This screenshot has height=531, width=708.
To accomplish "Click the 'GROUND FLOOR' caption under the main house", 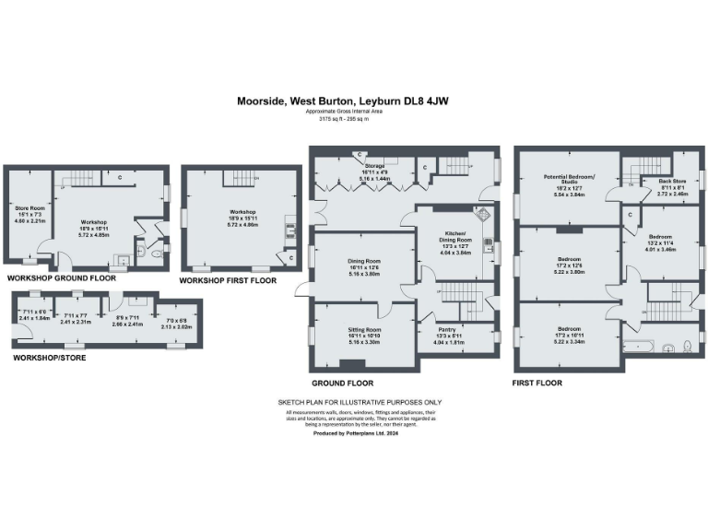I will coord(343,383).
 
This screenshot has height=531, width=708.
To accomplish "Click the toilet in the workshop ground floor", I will coord(157,248).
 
